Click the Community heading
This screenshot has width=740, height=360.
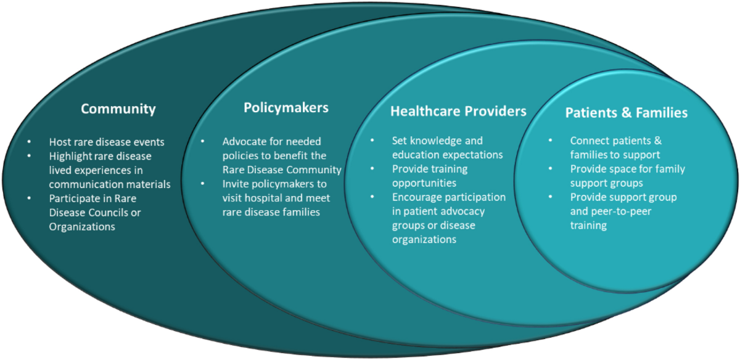(118, 109)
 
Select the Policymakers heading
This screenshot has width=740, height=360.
(286, 108)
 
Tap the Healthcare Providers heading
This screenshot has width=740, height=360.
(459, 112)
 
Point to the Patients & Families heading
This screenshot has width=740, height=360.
(627, 113)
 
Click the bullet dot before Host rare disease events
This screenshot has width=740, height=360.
(30, 142)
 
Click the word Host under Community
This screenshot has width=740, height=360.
(60, 142)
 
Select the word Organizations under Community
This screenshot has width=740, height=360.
(82, 227)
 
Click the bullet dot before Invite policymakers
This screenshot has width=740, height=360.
(202, 184)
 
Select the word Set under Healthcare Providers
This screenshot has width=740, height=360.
(399, 141)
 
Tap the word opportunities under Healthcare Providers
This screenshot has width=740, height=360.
(424, 184)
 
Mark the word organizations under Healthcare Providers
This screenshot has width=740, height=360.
(424, 240)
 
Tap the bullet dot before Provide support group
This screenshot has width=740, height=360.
(550, 197)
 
